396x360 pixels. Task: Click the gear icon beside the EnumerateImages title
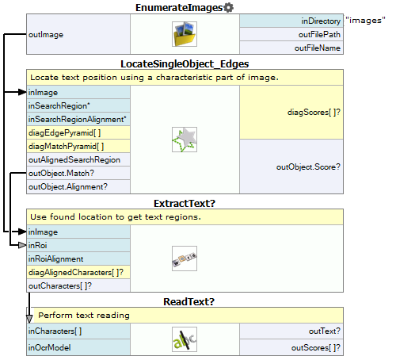pos(228,8)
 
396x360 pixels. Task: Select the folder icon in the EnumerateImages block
pos(185,34)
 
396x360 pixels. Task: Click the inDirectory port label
pos(321,21)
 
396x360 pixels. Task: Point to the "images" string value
pos(365,21)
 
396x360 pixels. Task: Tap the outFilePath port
pos(319,34)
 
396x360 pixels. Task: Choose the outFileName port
pos(318,48)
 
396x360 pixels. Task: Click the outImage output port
pos(46,34)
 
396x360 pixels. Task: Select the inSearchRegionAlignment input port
pos(78,119)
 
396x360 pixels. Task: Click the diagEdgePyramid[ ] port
pos(65,132)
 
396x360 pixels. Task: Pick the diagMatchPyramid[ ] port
pos(67,146)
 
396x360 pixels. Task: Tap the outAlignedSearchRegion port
pos(74,159)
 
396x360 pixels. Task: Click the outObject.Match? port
pos(61,173)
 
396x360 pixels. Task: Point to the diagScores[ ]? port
pos(314,113)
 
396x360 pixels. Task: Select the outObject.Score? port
pos(308,167)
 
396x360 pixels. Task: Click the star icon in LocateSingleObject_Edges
pos(185,140)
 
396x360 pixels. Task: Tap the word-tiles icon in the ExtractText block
pos(185,259)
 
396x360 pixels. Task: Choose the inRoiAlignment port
pos(55,259)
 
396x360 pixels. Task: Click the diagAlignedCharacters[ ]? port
pos(76,272)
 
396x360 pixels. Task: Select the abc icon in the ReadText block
pos(185,339)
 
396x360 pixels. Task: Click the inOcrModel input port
pos(49,347)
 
